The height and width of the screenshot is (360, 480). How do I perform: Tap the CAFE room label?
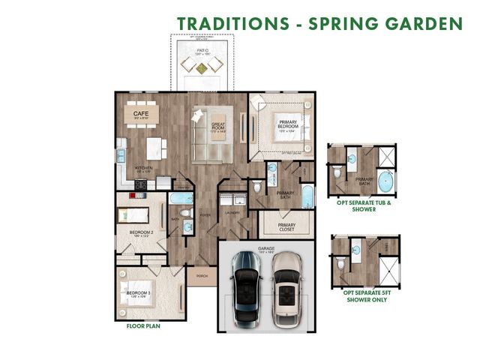[140, 114]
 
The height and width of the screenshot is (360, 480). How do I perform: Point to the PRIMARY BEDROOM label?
[287, 124]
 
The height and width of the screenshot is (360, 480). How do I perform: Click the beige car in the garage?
[285, 289]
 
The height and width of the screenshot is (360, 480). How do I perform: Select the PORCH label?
[201, 276]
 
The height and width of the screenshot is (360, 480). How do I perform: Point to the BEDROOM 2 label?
[141, 232]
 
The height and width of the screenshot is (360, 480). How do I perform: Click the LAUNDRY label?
[232, 212]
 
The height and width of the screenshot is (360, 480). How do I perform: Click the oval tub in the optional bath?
[386, 181]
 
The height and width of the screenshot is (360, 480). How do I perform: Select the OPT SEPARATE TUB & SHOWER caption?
[364, 206]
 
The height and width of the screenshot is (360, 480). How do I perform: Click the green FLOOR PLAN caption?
[145, 326]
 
